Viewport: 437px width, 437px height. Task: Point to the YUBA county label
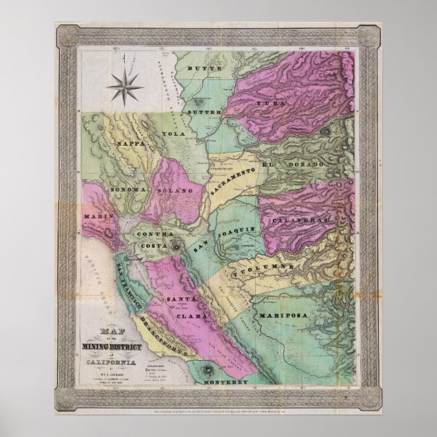(x=269, y=102)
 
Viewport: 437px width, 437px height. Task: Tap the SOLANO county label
(x=175, y=191)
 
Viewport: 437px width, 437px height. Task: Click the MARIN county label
(x=96, y=217)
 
